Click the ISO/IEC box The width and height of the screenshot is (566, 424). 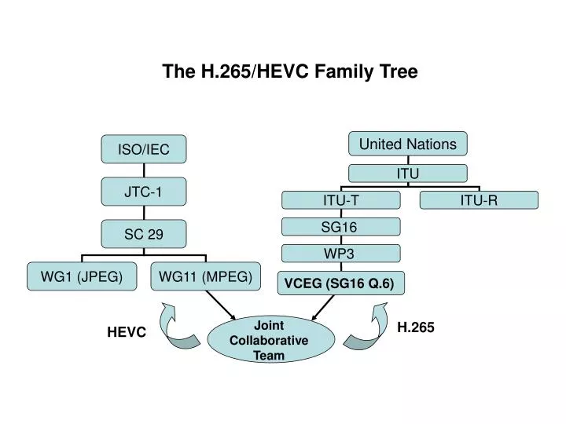(144, 149)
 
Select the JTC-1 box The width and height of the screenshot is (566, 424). (144, 192)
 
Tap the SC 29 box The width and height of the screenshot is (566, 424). (144, 234)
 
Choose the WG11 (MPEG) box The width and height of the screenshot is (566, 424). (205, 276)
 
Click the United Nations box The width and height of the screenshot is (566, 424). (407, 144)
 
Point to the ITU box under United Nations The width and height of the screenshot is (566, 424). (407, 173)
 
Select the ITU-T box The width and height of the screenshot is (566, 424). (341, 200)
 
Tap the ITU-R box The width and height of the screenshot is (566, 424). (479, 200)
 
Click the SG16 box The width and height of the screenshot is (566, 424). (341, 227)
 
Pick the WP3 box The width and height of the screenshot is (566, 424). (341, 254)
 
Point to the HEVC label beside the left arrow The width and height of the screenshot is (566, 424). (127, 333)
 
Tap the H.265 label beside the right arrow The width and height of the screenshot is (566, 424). (416, 327)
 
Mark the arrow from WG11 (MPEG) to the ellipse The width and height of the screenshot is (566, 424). (222, 306)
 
